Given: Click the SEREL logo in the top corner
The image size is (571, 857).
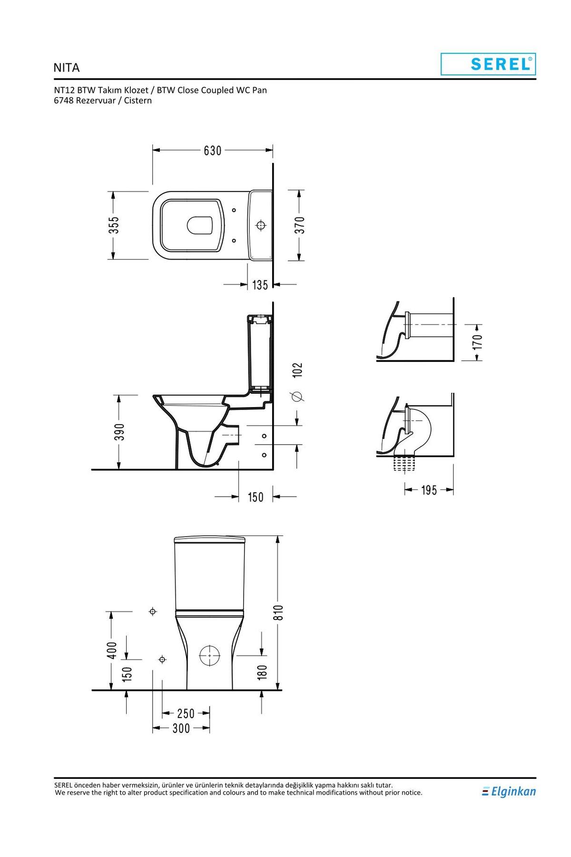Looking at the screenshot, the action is tap(488, 64).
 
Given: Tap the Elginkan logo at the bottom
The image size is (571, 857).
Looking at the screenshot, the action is tap(509, 791).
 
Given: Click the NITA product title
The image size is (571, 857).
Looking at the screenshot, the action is tap(67, 68).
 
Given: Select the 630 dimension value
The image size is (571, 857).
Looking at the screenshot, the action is tap(213, 150).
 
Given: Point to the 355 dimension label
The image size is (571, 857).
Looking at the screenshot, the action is tap(113, 226).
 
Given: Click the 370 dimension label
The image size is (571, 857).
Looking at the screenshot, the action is tap(299, 225).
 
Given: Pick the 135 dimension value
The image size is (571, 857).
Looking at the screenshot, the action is tap(260, 285).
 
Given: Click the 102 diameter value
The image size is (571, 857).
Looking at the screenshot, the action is tap(297, 370).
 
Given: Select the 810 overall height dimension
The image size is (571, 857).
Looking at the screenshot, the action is tap(279, 612).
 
